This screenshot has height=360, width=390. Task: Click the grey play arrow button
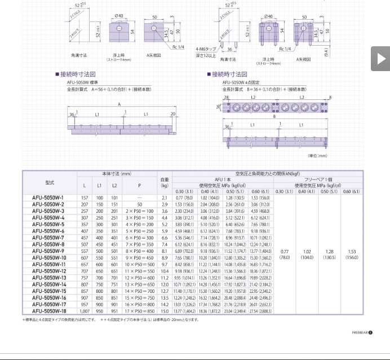pos(380,58)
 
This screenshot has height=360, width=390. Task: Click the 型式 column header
pos(49,183)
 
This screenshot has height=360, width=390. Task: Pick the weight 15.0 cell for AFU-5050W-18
pos(165,311)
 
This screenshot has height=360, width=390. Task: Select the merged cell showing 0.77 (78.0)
pos(284,254)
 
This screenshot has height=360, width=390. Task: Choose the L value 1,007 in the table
pos(85,311)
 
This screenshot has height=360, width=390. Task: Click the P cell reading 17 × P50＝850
pos(139,311)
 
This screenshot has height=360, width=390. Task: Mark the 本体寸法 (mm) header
pos(117,173)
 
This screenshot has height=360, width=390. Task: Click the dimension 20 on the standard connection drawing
pos(171,113)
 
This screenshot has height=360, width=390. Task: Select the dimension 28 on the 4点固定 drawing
pos(226,98)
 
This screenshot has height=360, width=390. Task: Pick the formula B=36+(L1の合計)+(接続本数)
pos(265,89)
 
